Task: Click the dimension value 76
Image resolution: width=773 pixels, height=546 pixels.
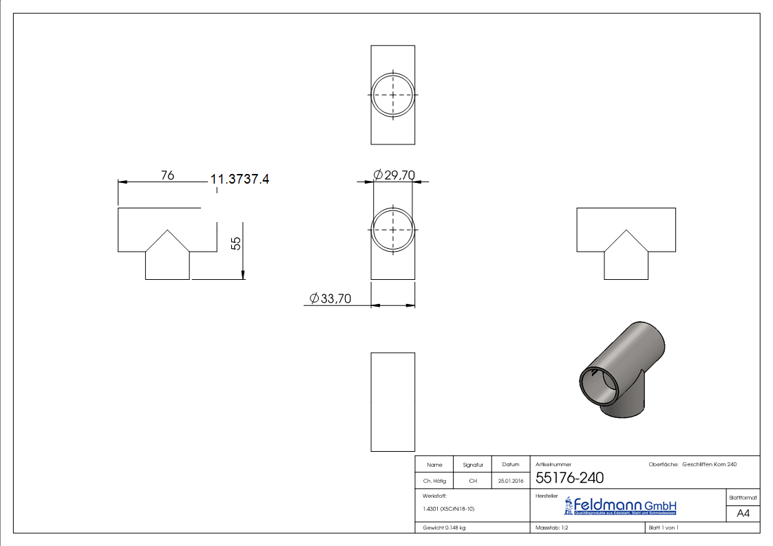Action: point(167,175)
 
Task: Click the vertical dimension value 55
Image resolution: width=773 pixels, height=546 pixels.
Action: point(236,243)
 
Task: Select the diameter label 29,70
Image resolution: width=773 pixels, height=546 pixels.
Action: point(394,175)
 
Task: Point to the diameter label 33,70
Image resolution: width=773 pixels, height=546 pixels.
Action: point(330,298)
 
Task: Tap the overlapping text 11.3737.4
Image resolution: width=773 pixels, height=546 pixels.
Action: point(240,179)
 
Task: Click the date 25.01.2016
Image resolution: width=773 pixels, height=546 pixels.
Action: point(511,481)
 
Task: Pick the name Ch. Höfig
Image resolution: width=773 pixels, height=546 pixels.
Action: point(434,481)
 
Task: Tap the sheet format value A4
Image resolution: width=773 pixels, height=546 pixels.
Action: point(743,514)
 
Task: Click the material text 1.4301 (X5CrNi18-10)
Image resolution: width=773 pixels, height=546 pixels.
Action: point(449,509)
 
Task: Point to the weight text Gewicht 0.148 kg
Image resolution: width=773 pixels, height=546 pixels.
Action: point(445,527)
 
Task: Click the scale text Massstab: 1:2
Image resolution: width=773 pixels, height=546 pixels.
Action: point(551,527)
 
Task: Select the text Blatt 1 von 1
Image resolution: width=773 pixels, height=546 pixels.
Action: point(664,527)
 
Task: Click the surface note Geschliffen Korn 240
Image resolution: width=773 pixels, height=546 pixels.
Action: point(710,465)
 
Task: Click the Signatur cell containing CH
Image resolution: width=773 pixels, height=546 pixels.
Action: point(473,481)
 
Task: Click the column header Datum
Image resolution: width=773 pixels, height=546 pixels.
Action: point(511,465)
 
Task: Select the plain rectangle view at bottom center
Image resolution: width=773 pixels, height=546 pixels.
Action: point(393,402)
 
